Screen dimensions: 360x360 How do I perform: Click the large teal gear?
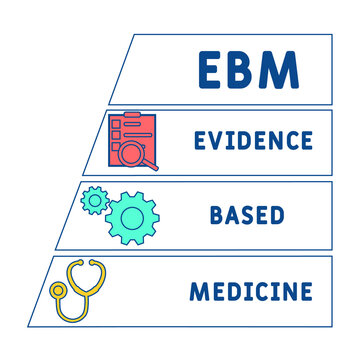(132, 216)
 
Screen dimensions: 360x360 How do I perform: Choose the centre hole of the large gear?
(132, 216)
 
